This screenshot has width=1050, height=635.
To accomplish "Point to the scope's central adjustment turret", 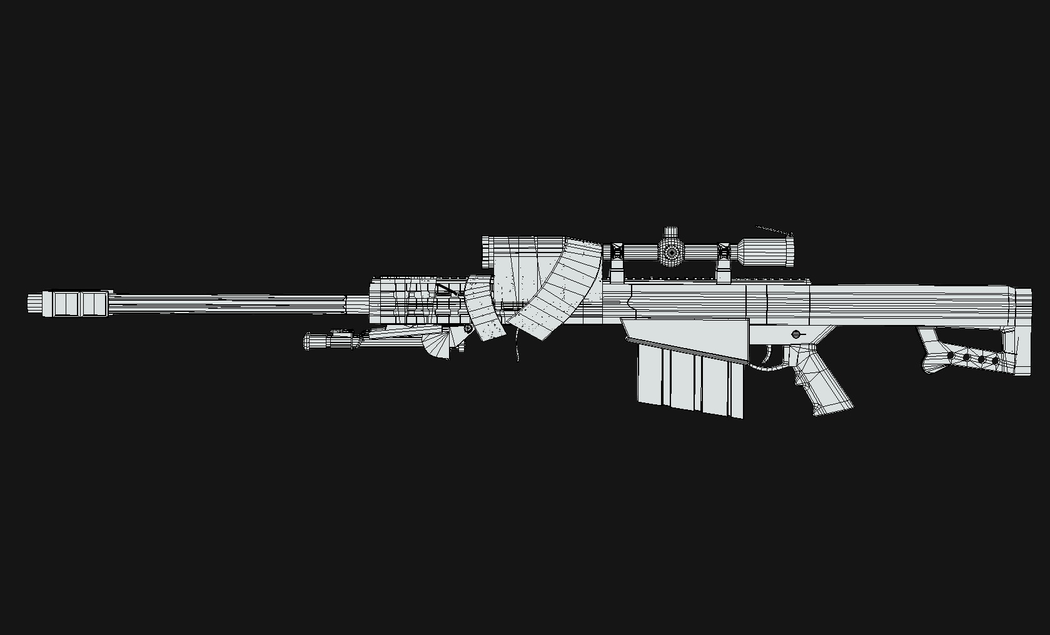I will coord(671,251).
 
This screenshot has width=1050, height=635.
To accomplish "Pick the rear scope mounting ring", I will coord(724,256).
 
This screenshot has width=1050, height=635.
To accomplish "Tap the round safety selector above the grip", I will coord(796,334).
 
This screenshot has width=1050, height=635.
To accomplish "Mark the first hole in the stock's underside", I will coord(951,356).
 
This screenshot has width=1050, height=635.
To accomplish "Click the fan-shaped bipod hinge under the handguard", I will coord(438,345).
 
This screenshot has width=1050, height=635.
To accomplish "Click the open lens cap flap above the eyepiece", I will coord(775,232).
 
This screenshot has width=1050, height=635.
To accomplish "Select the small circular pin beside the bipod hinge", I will coord(468,328).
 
